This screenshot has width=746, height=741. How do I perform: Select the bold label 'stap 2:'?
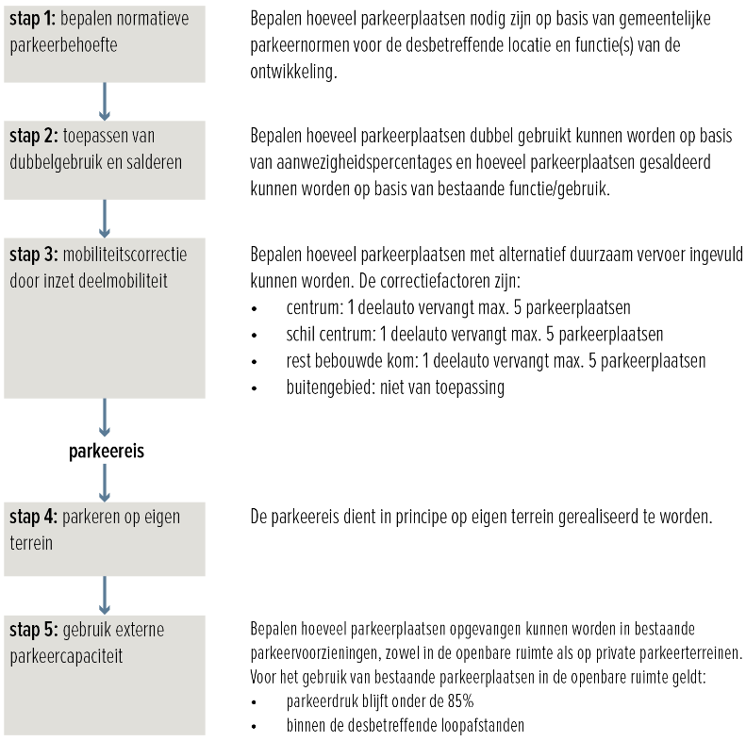(x=35, y=137)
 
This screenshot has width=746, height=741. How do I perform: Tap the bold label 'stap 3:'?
(x=35, y=255)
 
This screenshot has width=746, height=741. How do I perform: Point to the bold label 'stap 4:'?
(x=35, y=517)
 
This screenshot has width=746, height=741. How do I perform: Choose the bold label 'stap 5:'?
(x=35, y=629)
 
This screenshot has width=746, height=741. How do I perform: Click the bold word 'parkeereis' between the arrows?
(x=106, y=452)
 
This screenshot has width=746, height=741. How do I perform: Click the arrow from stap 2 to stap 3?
(x=105, y=218)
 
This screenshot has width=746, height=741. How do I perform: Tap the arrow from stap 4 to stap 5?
(x=105, y=595)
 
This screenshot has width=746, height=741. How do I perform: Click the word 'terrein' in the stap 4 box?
(x=33, y=543)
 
